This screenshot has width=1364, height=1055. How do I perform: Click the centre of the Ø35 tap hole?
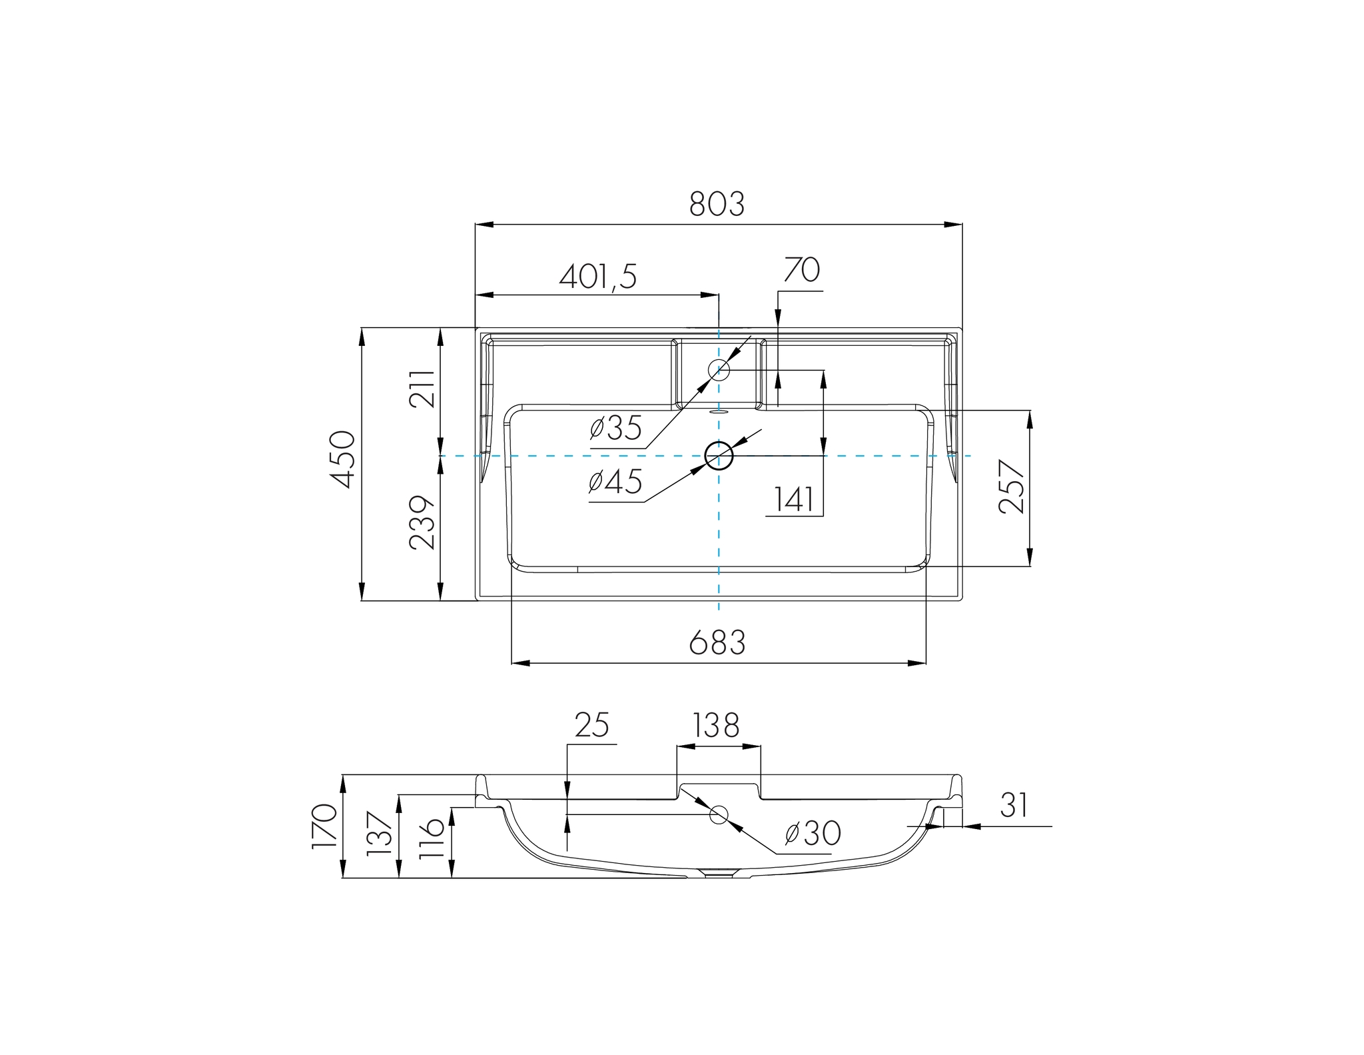click(719, 369)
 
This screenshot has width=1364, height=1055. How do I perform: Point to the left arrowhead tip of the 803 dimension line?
click(476, 225)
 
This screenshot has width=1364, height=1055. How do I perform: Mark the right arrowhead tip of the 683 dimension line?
click(926, 663)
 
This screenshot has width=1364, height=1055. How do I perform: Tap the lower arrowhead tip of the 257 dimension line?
click(1030, 566)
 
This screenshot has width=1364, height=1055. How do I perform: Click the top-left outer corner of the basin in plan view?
click(476, 328)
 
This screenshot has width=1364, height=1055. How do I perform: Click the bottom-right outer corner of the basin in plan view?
click(962, 600)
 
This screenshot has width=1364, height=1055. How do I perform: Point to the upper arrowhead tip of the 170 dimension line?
click(343, 775)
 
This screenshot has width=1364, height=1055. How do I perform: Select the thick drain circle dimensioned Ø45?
click(719, 456)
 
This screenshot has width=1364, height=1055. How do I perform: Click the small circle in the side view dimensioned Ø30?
click(719, 814)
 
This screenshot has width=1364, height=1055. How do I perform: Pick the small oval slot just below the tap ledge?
click(719, 412)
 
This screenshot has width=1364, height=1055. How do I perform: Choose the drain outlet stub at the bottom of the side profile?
click(719, 874)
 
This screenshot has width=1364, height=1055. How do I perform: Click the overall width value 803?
click(717, 204)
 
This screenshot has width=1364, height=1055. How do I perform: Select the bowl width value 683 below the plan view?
click(717, 642)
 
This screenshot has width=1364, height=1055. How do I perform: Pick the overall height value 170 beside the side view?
click(324, 826)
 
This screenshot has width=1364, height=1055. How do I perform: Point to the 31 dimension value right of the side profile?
click(1014, 805)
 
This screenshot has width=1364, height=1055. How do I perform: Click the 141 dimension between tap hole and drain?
click(794, 500)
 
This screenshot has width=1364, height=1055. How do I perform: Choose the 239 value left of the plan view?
click(422, 523)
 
